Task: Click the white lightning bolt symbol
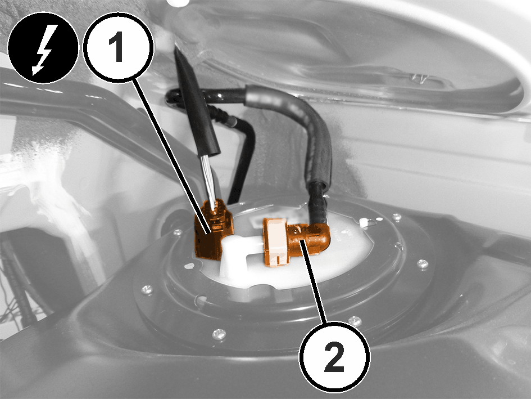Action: tap(42, 50)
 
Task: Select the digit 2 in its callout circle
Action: tap(334, 357)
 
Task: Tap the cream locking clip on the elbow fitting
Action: tap(275, 242)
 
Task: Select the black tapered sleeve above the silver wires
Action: tap(197, 105)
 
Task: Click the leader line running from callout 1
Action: tap(173, 155)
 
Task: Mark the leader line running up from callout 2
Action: tap(314, 281)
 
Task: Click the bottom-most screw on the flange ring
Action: tap(219, 334)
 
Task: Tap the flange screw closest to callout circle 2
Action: tap(355, 321)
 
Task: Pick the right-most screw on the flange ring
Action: tap(422, 263)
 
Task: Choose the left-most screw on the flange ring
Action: tap(147, 290)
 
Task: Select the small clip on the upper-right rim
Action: tap(419, 79)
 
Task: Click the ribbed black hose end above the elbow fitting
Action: tap(317, 204)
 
